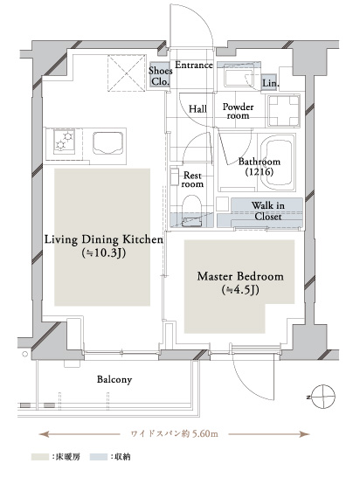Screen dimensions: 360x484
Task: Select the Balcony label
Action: pos(114,379)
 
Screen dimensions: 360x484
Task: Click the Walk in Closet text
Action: pos(267,211)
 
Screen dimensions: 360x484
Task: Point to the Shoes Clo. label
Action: pos(160,76)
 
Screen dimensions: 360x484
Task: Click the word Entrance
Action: pos(194,66)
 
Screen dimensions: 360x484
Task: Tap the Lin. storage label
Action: pos(271,83)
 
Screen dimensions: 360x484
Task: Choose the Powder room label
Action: pos(238,111)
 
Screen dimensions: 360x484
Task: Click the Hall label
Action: pos(197,108)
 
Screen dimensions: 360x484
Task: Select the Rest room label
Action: pos(192,180)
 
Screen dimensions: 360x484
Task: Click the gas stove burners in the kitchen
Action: pos(64,141)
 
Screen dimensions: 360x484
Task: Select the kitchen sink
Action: pos(108,143)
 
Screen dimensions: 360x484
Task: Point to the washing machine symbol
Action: pos(283,111)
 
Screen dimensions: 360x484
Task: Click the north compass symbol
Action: pos(322,397)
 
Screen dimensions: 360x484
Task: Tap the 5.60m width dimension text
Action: pos(175,433)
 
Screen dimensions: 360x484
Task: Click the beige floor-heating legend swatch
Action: pos(40,457)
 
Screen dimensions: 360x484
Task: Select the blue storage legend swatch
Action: pos(99,457)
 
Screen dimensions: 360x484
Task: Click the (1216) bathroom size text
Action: pos(259,171)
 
